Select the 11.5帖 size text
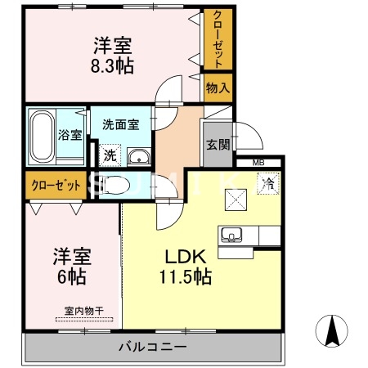185,277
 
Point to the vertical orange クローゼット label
218,38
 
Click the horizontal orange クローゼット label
56,186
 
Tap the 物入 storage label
218,87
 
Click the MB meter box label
258,163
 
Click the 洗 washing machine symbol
109,154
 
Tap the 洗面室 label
120,125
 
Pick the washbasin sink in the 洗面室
139,157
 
